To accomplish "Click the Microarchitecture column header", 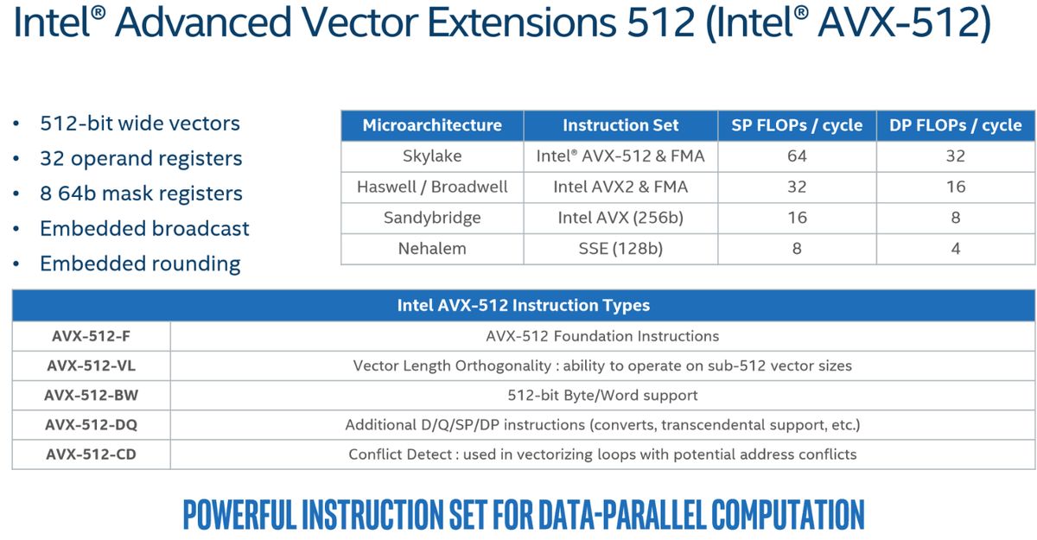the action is click(x=432, y=125).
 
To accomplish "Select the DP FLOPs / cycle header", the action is click(x=956, y=125).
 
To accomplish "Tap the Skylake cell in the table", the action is click(x=432, y=156).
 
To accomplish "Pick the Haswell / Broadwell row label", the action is click(x=432, y=187).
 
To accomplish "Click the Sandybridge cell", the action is click(x=432, y=218).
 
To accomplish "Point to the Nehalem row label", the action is click(x=432, y=249).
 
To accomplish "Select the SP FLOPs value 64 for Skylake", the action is click(x=797, y=156).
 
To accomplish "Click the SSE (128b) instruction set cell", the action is click(x=620, y=249).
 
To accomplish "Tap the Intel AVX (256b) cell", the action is click(x=620, y=218).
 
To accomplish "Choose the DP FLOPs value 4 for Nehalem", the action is click(x=956, y=249).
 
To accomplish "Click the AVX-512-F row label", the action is click(x=92, y=336).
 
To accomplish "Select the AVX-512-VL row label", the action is click(x=92, y=366).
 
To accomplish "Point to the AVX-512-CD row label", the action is click(x=92, y=454).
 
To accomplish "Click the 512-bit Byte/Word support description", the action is click(x=602, y=396).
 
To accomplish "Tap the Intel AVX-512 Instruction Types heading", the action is click(x=524, y=305).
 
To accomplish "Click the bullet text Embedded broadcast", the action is click(x=144, y=229).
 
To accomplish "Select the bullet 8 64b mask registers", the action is click(x=141, y=194).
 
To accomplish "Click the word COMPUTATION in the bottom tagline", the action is click(x=787, y=515).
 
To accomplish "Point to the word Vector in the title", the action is click(x=359, y=22).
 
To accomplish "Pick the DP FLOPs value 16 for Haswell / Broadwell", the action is click(x=956, y=187).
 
